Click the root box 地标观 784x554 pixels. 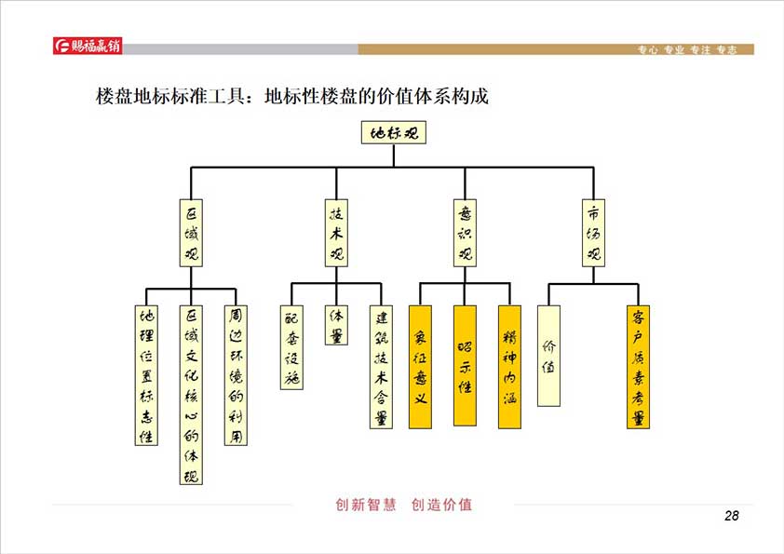(x=393, y=132)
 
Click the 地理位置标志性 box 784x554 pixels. (x=145, y=374)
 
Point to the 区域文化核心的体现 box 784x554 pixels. (x=190, y=395)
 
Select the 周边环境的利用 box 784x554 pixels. (x=236, y=374)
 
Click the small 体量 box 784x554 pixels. (x=336, y=326)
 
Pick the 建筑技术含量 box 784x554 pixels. (x=380, y=367)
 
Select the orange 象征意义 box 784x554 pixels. (x=420, y=367)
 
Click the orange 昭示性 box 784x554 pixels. (x=465, y=365)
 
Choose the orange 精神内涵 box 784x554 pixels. (x=509, y=367)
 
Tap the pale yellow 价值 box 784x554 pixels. (x=548, y=356)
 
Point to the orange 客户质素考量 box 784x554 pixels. (x=638, y=367)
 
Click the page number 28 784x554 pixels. (x=731, y=517)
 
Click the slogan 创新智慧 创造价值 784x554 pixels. (x=403, y=505)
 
